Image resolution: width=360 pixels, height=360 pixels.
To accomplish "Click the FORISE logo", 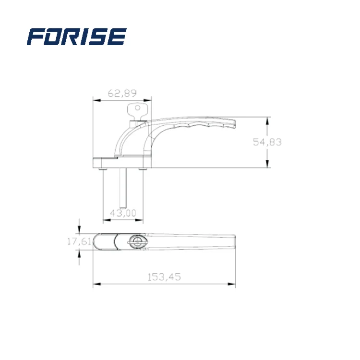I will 77,36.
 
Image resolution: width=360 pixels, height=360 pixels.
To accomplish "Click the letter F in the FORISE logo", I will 36,36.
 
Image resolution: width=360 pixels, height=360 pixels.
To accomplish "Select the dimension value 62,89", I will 122,93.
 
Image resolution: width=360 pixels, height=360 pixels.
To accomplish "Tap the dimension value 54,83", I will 267,142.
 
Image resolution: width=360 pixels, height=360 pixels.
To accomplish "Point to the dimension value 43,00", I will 123,213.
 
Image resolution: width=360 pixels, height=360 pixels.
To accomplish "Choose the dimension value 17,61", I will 79,242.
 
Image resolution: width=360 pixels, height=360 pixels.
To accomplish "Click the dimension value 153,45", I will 164,277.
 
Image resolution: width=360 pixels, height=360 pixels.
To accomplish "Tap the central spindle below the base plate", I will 123,187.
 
